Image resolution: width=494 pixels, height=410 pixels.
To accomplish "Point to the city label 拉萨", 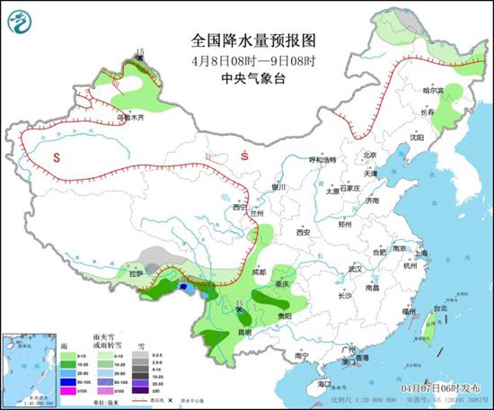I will click(136, 272).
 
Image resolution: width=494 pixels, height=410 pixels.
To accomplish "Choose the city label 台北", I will click(440, 308).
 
